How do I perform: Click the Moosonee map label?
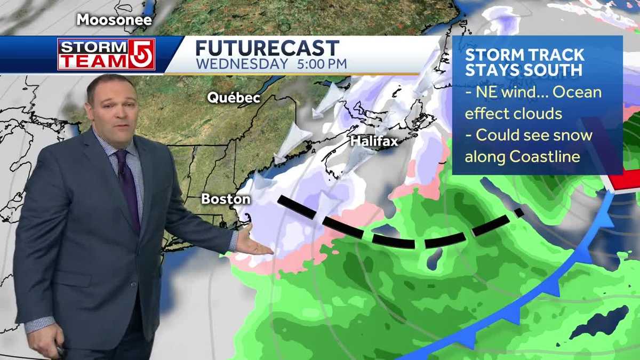click(x=114, y=20)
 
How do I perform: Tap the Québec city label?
click(x=234, y=98)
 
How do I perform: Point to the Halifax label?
click(x=374, y=141)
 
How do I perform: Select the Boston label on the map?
click(x=226, y=199)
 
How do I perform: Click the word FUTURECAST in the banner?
click(x=267, y=48)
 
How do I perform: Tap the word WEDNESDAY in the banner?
click(x=241, y=64)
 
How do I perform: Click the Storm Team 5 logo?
click(x=106, y=54)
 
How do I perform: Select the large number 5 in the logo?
click(x=142, y=54)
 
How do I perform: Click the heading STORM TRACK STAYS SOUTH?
click(x=525, y=62)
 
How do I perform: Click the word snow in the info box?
click(x=573, y=135)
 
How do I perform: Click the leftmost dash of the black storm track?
click(x=297, y=207)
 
